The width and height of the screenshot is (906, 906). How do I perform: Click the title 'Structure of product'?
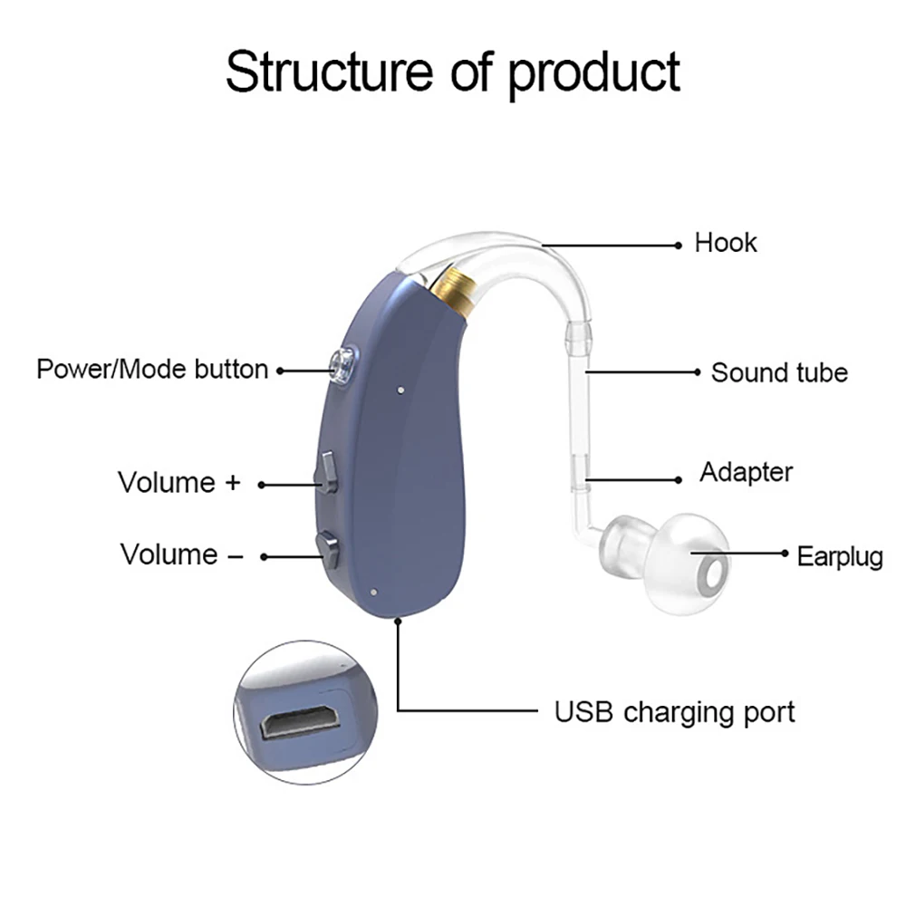tap(452, 72)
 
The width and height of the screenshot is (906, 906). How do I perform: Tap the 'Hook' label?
tap(725, 243)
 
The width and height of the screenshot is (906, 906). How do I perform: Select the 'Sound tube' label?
tap(779, 372)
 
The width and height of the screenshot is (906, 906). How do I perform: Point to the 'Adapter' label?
tap(746, 472)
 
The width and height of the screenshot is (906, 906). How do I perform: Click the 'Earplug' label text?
tap(840, 555)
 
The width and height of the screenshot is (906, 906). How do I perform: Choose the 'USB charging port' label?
tap(674, 711)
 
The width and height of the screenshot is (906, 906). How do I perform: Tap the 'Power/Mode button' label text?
tap(152, 370)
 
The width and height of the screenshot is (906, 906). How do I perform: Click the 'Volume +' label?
tap(179, 482)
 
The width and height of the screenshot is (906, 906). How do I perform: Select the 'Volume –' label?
tap(181, 554)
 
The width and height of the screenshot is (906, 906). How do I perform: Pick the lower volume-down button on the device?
tap(328, 548)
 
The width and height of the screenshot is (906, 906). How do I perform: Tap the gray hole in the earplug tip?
tap(715, 572)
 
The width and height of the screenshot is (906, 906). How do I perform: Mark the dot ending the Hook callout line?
tap(678, 244)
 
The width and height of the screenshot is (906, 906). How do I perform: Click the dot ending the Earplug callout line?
tap(784, 552)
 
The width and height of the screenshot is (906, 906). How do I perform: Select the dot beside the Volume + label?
tap(262, 485)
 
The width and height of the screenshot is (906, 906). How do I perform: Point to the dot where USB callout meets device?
tap(398, 621)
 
